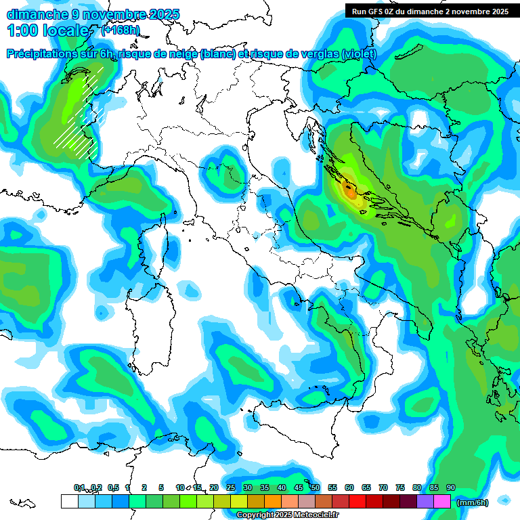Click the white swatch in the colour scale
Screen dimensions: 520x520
tap(69, 501)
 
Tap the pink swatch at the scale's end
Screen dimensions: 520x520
tap(442, 501)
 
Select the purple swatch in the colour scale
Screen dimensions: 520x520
tap(425, 501)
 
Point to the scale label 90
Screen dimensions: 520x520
tap(450, 487)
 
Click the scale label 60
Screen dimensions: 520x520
tap(349, 487)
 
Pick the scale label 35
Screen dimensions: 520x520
tap(264, 487)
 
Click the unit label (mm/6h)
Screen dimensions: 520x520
tap(473, 502)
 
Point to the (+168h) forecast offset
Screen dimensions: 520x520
tap(121, 30)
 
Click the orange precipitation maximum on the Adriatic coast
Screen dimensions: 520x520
tap(350, 191)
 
